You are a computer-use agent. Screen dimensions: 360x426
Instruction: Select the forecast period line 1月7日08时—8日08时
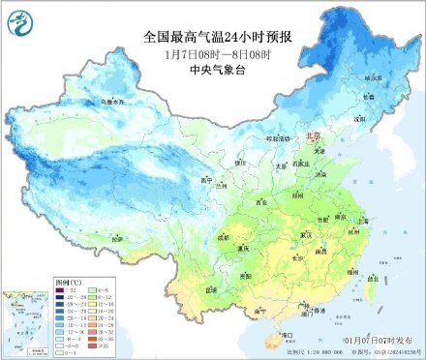212,53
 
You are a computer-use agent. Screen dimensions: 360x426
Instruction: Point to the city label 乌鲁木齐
87,100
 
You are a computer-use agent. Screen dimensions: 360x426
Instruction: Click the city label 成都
226,235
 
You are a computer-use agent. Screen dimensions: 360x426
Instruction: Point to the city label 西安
260,202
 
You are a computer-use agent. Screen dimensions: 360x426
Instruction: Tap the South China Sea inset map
27,319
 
